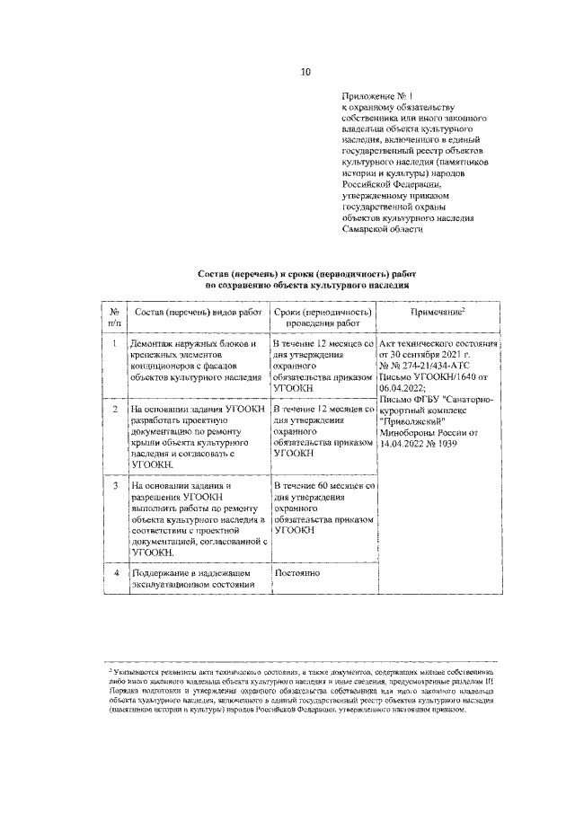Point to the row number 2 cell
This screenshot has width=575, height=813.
click(115, 409)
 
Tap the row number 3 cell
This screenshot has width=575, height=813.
click(115, 485)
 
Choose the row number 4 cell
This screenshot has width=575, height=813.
click(115, 572)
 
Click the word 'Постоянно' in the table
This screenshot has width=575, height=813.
click(297, 572)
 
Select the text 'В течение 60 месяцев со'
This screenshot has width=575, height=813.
click(324, 485)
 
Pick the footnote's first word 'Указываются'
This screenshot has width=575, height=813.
click(137, 672)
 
